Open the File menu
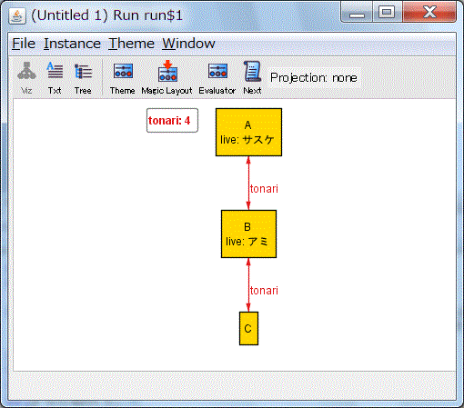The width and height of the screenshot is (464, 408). click(x=24, y=44)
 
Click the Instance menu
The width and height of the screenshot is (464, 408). click(x=72, y=44)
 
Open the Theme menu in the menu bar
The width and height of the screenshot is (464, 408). click(x=131, y=44)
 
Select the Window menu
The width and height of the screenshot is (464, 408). click(x=188, y=44)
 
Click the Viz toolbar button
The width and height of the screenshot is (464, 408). click(x=26, y=77)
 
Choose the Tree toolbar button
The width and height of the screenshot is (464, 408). click(x=83, y=77)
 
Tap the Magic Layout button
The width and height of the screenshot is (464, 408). click(x=166, y=77)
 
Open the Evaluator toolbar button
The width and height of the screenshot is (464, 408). click(x=217, y=77)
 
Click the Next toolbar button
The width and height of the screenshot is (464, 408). click(x=252, y=77)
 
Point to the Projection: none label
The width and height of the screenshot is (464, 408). click(x=314, y=78)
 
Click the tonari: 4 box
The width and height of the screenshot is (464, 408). click(x=172, y=121)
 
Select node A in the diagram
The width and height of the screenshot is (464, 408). click(x=248, y=133)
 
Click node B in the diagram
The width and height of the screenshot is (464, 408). click(x=248, y=234)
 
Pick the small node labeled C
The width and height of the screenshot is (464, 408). click(x=248, y=328)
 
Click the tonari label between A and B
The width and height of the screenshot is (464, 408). click(x=264, y=189)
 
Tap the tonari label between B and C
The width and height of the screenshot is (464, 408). click(x=264, y=291)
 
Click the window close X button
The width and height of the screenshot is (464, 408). click(x=429, y=12)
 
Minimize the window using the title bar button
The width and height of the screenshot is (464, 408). click(x=357, y=12)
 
